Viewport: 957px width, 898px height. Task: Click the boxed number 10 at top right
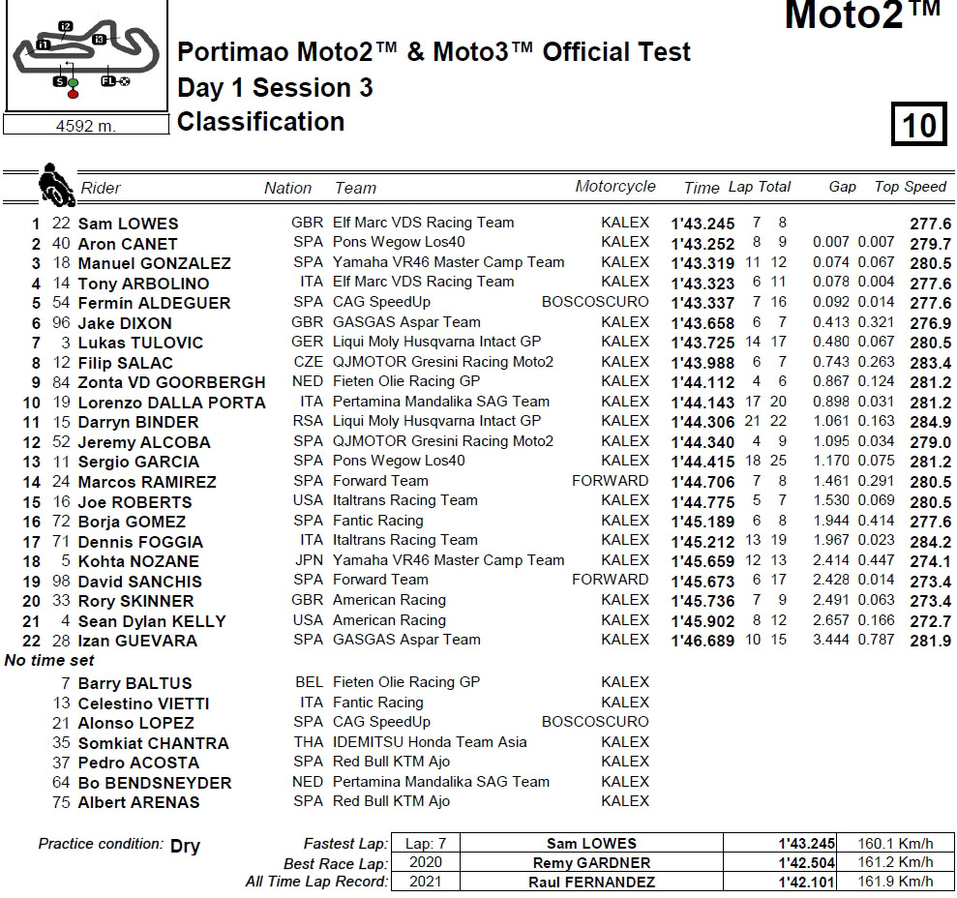pos(919,125)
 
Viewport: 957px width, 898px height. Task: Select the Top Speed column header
pos(910,187)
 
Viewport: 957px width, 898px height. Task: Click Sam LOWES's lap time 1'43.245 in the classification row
pos(703,224)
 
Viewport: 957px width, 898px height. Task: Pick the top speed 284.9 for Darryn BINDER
pos(930,422)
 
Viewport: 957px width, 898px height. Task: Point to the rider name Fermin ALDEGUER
pos(154,303)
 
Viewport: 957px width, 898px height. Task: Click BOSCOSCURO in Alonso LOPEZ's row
pos(595,722)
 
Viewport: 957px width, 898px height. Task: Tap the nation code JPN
pos(308,560)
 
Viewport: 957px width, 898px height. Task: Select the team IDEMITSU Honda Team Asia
pos(430,742)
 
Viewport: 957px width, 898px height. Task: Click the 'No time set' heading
pos(50,661)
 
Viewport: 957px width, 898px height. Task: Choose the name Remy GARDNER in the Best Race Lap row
pos(590,862)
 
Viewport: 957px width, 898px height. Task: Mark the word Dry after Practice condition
pos(185,846)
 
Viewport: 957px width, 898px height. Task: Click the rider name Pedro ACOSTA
pos(139,763)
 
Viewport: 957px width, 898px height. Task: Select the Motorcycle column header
pos(614,187)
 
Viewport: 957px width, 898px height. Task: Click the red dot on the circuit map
pos(73,94)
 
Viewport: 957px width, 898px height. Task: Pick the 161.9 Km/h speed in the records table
pos(895,882)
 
